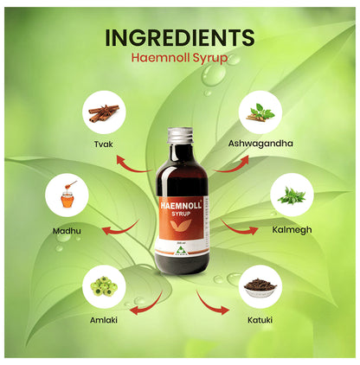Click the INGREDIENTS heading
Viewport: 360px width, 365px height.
(179, 38)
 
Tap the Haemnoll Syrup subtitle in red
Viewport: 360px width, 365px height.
(179, 61)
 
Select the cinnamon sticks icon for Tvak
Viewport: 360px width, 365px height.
(104, 112)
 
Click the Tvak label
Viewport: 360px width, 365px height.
(104, 144)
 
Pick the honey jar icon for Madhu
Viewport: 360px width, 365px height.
(67, 195)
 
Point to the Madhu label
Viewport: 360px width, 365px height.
(67, 231)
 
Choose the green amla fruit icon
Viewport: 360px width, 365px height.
(104, 286)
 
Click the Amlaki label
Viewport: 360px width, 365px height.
(104, 320)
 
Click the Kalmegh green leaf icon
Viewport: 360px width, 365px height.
(291, 195)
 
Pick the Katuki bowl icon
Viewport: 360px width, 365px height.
(258, 286)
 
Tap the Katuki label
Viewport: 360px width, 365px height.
(258, 320)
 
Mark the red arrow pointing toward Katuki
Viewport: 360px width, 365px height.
(209, 302)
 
